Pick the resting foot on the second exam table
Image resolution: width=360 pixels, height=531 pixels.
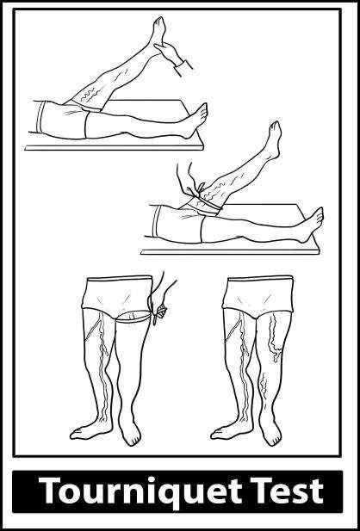tap(311, 225)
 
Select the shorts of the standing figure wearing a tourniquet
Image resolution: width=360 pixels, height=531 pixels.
tap(117, 294)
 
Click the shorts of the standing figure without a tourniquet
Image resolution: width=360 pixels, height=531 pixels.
tap(258, 294)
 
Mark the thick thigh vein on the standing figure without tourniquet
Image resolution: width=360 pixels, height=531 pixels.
tap(274, 338)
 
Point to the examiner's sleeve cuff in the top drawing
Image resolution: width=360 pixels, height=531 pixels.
tap(183, 68)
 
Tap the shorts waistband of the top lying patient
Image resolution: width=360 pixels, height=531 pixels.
tap(41, 117)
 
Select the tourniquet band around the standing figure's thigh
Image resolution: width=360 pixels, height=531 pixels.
tap(133, 317)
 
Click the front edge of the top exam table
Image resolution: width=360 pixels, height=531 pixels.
tap(115, 148)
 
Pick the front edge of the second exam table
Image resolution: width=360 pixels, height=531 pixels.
tap(230, 252)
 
